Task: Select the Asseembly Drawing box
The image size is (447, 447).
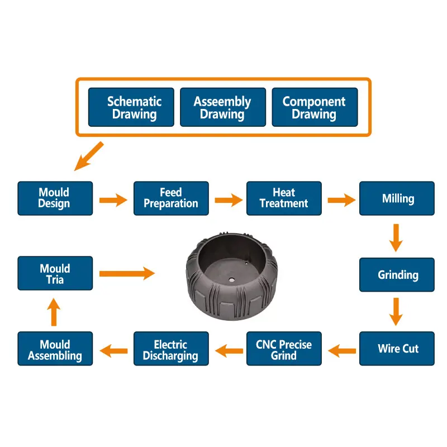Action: coord(222,107)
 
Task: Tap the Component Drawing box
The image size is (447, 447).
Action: coord(315,107)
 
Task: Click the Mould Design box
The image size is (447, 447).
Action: coord(55,198)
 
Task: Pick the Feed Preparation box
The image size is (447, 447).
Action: coord(171,198)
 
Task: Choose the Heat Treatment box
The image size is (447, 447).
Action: coord(284,198)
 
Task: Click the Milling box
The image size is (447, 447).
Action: coord(397,198)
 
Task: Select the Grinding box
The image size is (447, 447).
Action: coord(397,274)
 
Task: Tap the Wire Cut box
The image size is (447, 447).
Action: coord(397,349)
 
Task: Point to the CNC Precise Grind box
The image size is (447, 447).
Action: coord(284,349)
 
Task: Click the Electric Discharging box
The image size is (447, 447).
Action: coord(171,349)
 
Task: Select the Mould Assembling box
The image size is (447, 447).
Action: coord(55,349)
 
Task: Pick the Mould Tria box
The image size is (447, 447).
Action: coord(55,274)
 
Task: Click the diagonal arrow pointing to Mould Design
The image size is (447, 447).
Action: coord(89,156)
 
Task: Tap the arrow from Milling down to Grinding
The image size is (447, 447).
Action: coord(396,237)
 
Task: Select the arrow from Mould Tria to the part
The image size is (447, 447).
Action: coord(127,273)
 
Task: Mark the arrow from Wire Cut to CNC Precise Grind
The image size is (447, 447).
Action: coord(342,351)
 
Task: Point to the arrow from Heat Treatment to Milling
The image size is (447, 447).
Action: coord(341,199)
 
